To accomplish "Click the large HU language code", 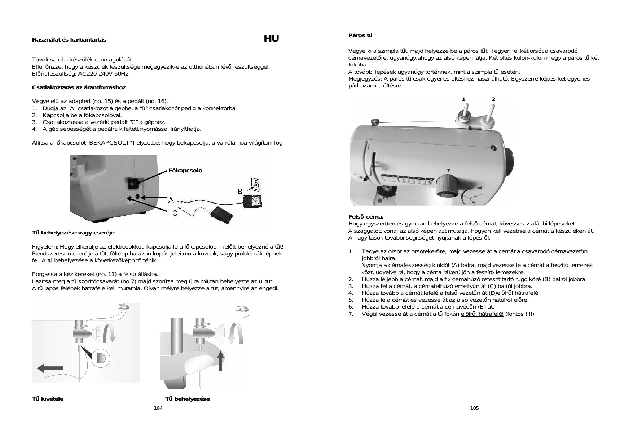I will click(x=271, y=39).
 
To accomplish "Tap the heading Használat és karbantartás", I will click(x=69, y=40).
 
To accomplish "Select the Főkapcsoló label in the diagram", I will click(x=185, y=171).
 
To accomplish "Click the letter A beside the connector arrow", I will click(x=171, y=200).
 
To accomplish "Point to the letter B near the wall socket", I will click(x=240, y=191).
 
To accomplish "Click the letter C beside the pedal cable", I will click(x=175, y=213).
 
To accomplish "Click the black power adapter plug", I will click(x=252, y=201).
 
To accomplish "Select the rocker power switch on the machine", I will click(x=132, y=184).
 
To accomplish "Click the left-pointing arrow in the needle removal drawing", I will click(x=50, y=368).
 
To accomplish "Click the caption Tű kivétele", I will click(x=48, y=399).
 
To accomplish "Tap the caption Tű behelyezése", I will click(x=187, y=399).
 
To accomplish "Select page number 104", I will click(x=158, y=408).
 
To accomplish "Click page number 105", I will click(x=474, y=408).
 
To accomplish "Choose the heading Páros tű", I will click(x=360, y=35).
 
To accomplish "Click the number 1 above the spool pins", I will click(x=463, y=99).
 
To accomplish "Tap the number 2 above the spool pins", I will click(x=493, y=99).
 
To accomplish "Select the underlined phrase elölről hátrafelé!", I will click(x=482, y=314).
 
